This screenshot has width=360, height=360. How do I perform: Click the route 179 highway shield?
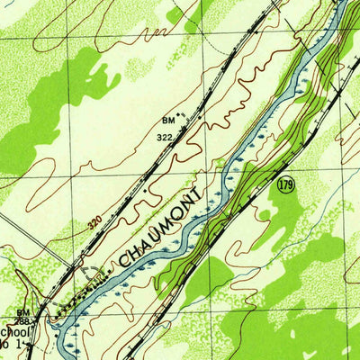click(285, 184)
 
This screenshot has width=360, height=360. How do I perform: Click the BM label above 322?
click(167, 119)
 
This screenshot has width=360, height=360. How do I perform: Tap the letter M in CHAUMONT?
click(175, 215)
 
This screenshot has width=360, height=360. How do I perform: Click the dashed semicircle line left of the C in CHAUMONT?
click(90, 274)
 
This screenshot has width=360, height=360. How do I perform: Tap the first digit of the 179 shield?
click(281, 184)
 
